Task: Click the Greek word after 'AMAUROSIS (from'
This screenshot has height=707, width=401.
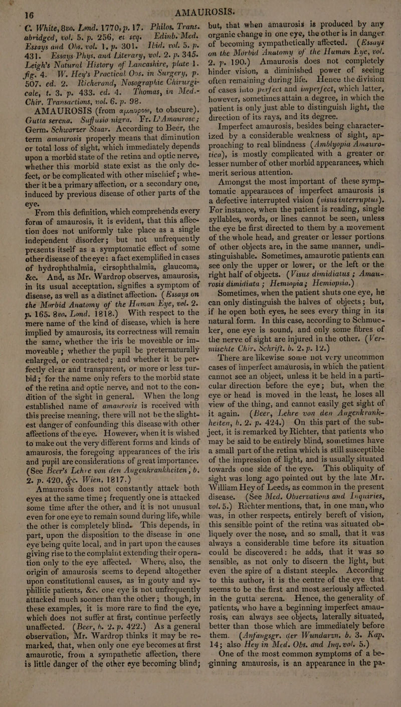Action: pos(133,95)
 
